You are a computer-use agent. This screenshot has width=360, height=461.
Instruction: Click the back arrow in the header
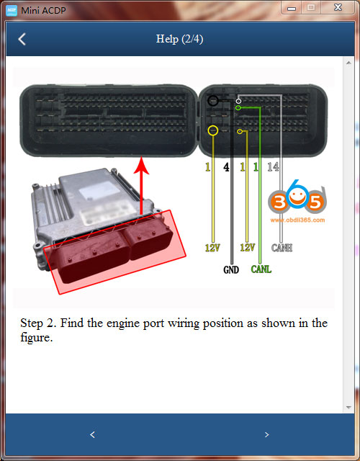22,39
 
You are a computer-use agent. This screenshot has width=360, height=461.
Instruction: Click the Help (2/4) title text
179,39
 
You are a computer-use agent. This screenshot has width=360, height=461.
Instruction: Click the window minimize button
292,7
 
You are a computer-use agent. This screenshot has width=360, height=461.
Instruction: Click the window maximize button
312,7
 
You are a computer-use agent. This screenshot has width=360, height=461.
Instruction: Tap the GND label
230,270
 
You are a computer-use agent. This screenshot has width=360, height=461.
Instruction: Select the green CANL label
261,270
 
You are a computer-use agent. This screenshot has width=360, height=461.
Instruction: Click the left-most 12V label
212,247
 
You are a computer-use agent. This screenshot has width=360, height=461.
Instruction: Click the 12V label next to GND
247,247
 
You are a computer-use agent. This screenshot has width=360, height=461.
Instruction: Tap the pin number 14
272,167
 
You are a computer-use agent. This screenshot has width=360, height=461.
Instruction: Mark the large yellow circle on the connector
212,130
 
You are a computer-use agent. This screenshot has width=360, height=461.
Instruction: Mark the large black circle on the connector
213,101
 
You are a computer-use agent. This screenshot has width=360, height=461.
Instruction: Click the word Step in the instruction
33,323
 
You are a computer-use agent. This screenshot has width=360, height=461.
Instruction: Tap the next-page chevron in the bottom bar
266,434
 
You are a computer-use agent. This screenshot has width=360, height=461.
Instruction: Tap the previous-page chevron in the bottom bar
92,434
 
